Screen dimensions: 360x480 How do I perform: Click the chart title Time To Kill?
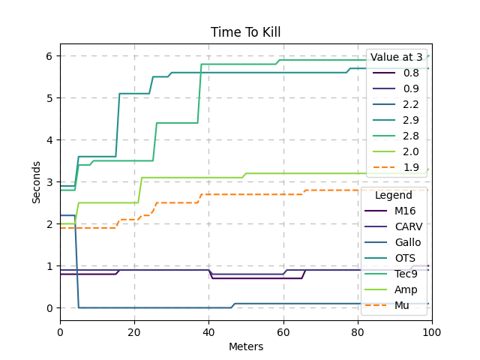pyautogui.click(x=245, y=32)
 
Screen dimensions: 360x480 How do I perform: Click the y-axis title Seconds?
pyautogui.click(x=37, y=182)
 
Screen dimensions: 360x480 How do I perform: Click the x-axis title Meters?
pyautogui.click(x=245, y=346)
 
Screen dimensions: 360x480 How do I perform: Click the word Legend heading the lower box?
pyautogui.click(x=394, y=195)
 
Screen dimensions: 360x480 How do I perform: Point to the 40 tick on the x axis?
pyautogui.click(x=209, y=331)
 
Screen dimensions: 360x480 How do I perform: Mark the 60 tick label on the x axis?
pyautogui.click(x=283, y=331)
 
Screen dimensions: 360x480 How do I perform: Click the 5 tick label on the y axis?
pyautogui.click(x=49, y=98)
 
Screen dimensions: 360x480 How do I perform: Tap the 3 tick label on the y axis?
pyautogui.click(x=49, y=182)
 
